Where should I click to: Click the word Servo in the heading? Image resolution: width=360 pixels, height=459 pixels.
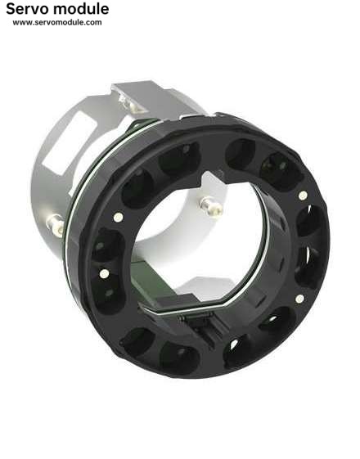[27, 9]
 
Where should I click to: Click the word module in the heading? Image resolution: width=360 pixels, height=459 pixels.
[81, 9]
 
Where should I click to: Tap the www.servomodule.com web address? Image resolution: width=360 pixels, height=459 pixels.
[57, 23]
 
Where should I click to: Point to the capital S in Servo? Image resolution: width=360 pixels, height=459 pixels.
[10, 9]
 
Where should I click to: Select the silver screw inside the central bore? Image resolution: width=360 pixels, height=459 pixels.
[211, 206]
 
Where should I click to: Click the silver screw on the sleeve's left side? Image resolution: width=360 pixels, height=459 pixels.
[56, 225]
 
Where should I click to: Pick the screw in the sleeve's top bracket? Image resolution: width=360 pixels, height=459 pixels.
[129, 103]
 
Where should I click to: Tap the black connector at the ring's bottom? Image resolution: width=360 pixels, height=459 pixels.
[200, 326]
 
